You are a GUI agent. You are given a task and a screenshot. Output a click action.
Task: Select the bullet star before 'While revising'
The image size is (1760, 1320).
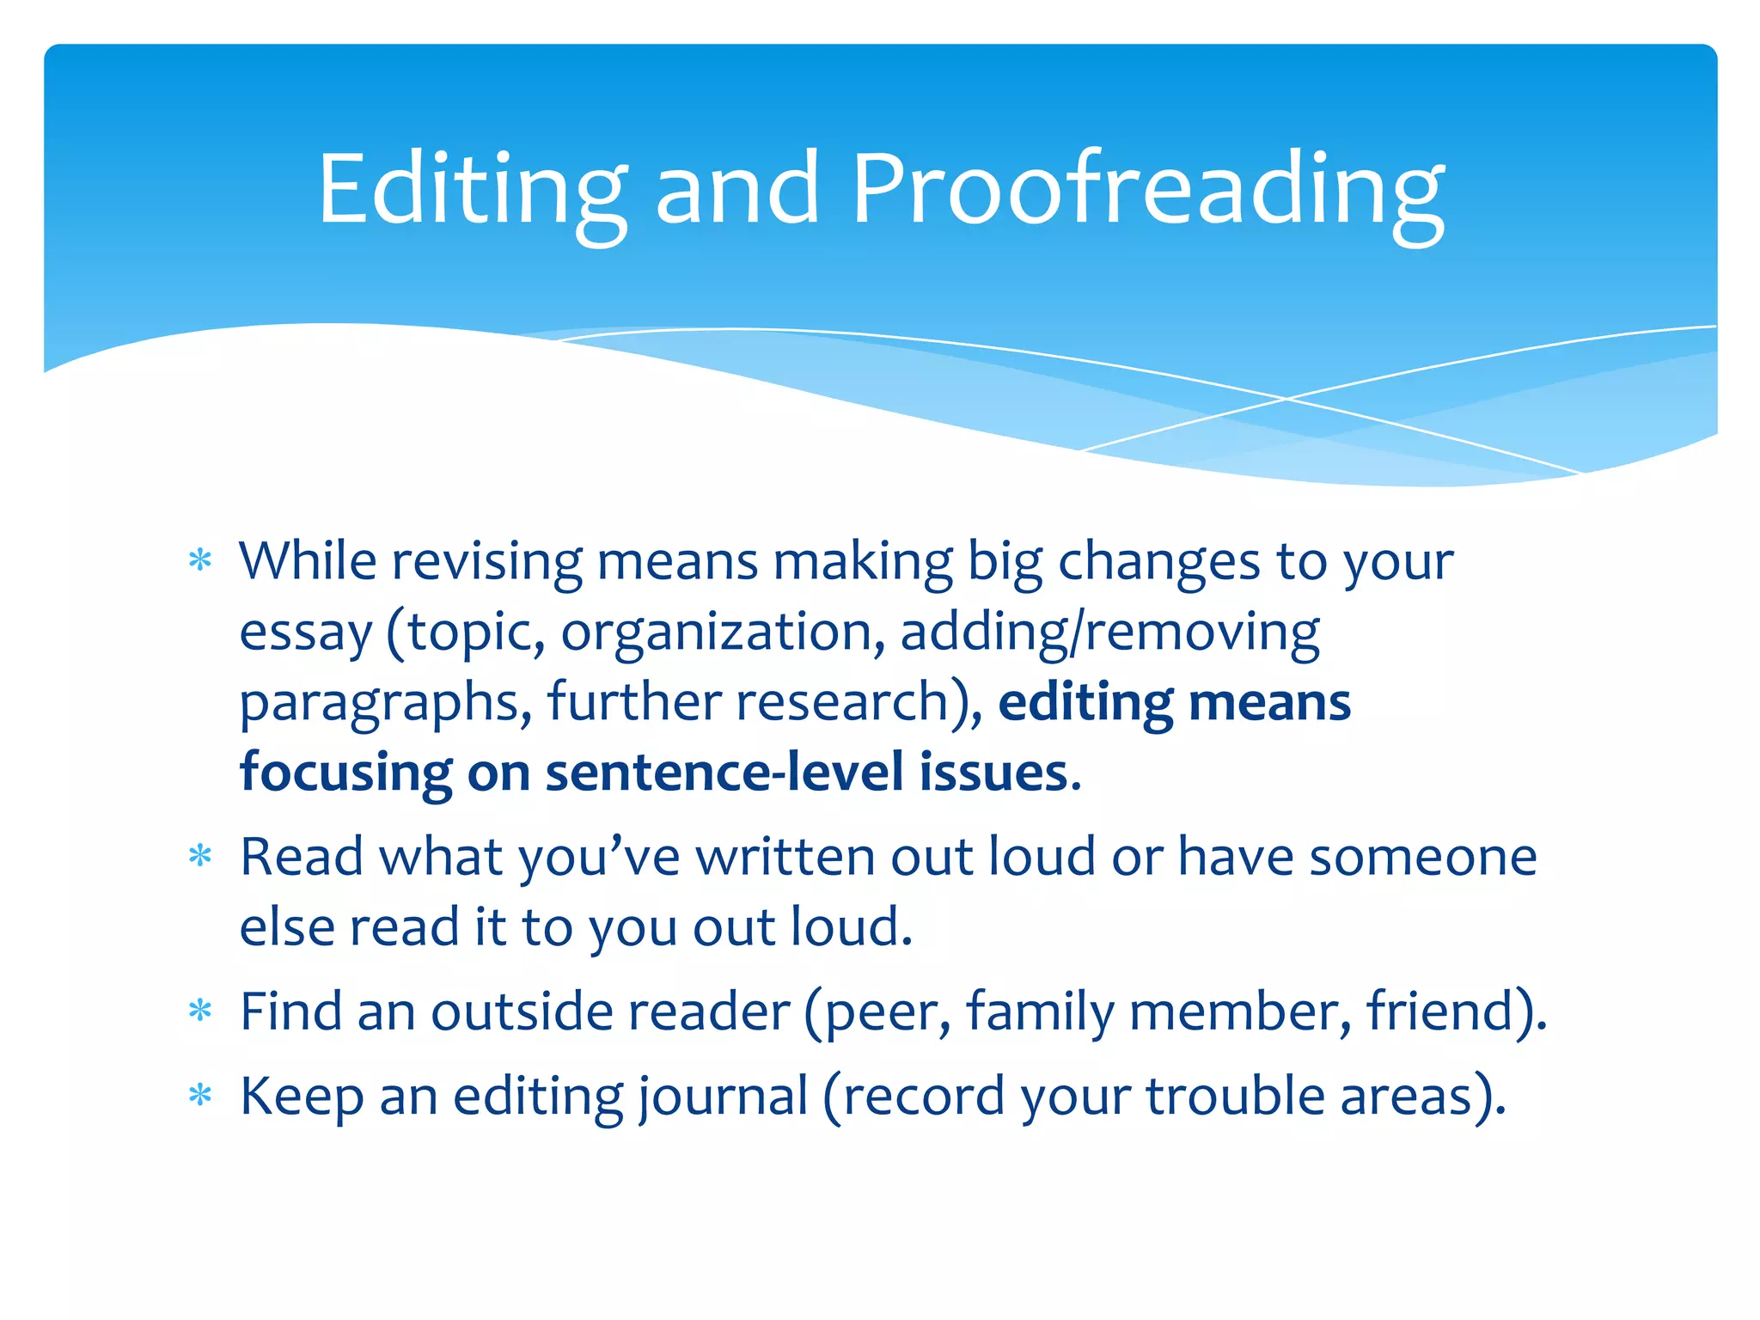click(200, 561)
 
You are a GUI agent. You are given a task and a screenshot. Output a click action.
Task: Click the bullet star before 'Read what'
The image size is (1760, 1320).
click(200, 856)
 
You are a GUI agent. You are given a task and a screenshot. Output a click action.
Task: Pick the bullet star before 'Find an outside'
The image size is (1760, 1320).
click(200, 1011)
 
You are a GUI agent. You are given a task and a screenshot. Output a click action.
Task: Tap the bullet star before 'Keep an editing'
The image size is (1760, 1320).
click(200, 1096)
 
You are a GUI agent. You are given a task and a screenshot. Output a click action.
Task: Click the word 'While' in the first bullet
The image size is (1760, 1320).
click(308, 561)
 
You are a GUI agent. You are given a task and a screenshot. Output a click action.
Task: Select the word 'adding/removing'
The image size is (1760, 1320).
click(1109, 632)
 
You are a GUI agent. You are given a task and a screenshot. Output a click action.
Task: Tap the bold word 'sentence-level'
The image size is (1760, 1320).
click(724, 772)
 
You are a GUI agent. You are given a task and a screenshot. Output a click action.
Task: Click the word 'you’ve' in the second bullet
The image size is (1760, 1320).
click(598, 858)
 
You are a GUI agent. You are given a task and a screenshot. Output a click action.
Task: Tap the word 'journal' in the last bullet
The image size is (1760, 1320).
click(723, 1097)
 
